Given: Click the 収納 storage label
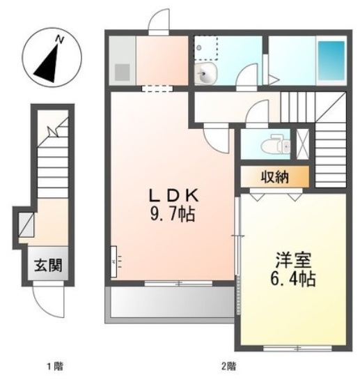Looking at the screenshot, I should (x=274, y=176).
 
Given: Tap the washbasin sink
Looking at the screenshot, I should (x=205, y=75).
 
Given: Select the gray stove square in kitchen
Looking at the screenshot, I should (x=121, y=71).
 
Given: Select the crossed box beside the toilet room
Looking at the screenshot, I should (x=303, y=144).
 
